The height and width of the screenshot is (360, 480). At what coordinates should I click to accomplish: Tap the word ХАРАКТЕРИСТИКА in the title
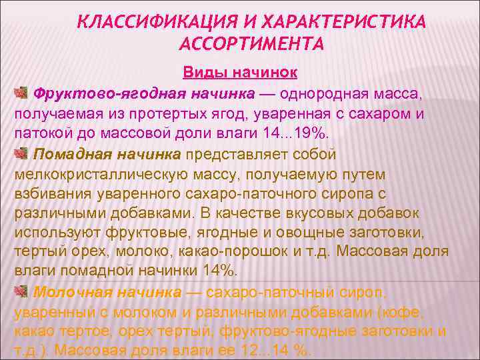point(347,24)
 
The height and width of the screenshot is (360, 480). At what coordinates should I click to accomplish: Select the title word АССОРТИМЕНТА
point(252,45)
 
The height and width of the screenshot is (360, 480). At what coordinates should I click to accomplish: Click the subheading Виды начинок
point(240,71)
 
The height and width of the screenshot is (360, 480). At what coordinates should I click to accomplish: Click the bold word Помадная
point(69,155)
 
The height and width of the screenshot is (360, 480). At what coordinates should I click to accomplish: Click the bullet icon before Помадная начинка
point(21,155)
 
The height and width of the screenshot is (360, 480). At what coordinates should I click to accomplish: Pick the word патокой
point(42,133)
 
